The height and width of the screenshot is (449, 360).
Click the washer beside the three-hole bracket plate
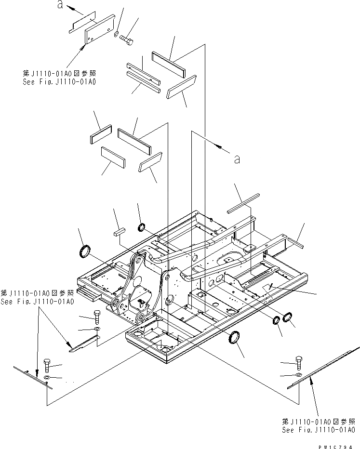point(117,34)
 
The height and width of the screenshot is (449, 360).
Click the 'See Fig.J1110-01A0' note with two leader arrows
point(37,297)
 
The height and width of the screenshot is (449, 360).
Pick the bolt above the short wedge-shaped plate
point(97,317)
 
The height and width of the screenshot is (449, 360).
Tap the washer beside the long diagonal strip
point(298,374)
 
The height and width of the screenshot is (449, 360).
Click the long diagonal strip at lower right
point(323,366)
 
